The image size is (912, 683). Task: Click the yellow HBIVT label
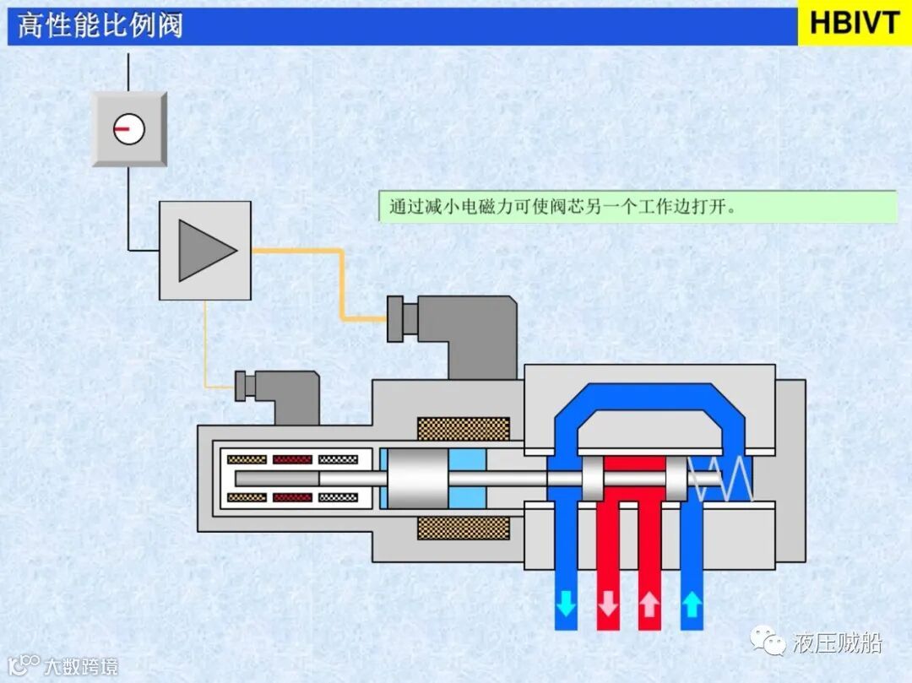pos(855,23)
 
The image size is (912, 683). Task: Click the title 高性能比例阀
pos(100,25)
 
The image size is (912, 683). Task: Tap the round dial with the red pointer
pos(129,129)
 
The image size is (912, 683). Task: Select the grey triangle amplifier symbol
pos(205,250)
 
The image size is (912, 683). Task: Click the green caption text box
pos(638,207)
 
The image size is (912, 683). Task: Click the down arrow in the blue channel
pos(566,604)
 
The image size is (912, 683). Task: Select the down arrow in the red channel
pos(607,604)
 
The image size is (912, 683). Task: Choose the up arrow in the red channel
pos(649,604)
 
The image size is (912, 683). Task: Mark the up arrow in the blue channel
pos(692,604)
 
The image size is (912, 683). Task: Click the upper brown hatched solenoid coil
pos(464,429)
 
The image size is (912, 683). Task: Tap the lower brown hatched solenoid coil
pos(464,528)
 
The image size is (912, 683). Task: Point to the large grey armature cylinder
pos(415,479)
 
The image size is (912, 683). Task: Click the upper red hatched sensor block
pos(292,460)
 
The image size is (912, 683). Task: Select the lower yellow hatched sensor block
pos(247,497)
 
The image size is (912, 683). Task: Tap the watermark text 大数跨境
pos(81,667)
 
